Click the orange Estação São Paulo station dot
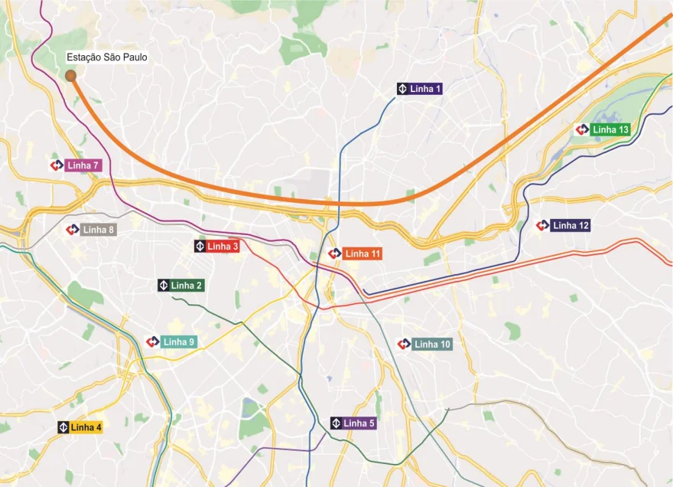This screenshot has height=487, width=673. click(70, 76)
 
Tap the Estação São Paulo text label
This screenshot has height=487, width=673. click(106, 57)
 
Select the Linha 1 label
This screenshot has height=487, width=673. click(426, 89)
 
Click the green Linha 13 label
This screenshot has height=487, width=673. click(610, 130)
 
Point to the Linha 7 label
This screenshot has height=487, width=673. click(83, 165)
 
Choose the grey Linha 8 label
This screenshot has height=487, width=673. click(99, 230)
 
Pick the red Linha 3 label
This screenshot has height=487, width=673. click(223, 247)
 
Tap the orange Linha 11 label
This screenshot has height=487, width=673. click(363, 253)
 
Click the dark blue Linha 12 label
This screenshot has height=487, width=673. click(571, 226)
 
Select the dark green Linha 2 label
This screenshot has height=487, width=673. click(187, 286)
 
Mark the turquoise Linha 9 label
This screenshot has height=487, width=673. click(180, 342)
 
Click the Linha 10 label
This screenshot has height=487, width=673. click(432, 345)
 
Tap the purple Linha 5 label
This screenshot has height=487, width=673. click(359, 423)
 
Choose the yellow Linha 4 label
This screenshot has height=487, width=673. click(86, 427)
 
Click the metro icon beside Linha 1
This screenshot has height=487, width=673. click(402, 89)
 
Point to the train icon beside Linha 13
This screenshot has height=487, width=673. click(582, 130)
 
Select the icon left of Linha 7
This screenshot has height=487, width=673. click(57, 165)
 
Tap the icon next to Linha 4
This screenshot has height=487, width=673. click(63, 427)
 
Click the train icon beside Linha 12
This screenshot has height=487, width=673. click(542, 226)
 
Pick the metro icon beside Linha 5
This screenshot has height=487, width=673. click(336, 423)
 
